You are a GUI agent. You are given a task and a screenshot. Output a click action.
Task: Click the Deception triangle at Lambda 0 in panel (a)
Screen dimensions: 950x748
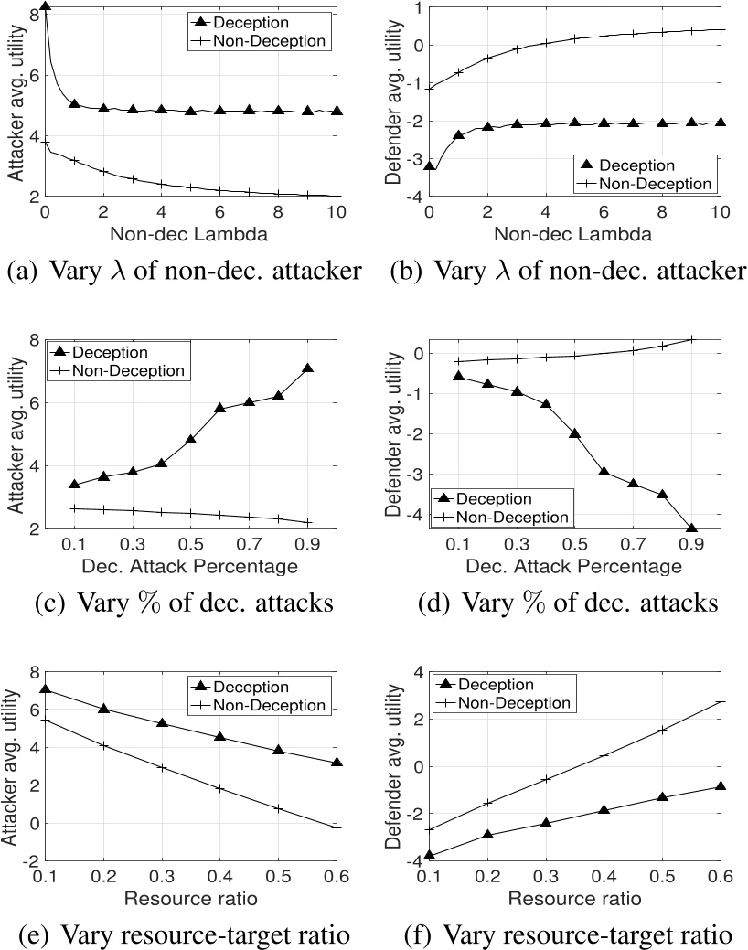(46, 7)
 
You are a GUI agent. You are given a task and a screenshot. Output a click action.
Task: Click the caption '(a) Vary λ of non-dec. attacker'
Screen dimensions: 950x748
(185, 271)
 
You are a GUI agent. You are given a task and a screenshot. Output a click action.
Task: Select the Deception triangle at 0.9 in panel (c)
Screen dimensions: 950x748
(307, 368)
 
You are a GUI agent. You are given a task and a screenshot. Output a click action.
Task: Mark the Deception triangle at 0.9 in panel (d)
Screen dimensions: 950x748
(691, 528)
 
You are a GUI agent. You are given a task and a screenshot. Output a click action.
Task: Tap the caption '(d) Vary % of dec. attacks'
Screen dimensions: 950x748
(560, 603)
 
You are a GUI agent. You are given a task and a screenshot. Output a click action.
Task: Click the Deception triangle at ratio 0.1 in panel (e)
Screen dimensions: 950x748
(46, 689)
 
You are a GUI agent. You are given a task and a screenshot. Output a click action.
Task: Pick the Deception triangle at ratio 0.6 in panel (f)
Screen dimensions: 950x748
(721, 786)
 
